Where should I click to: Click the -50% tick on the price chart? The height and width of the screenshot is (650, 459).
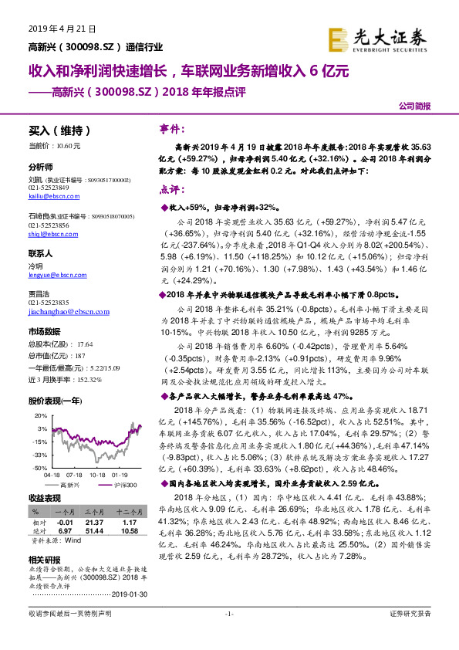tap(40, 468)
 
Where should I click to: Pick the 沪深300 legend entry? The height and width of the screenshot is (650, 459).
tap(123, 485)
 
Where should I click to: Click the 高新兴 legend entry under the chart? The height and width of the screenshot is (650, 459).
tap(69, 485)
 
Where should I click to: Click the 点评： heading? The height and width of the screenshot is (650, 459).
tap(171, 190)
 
